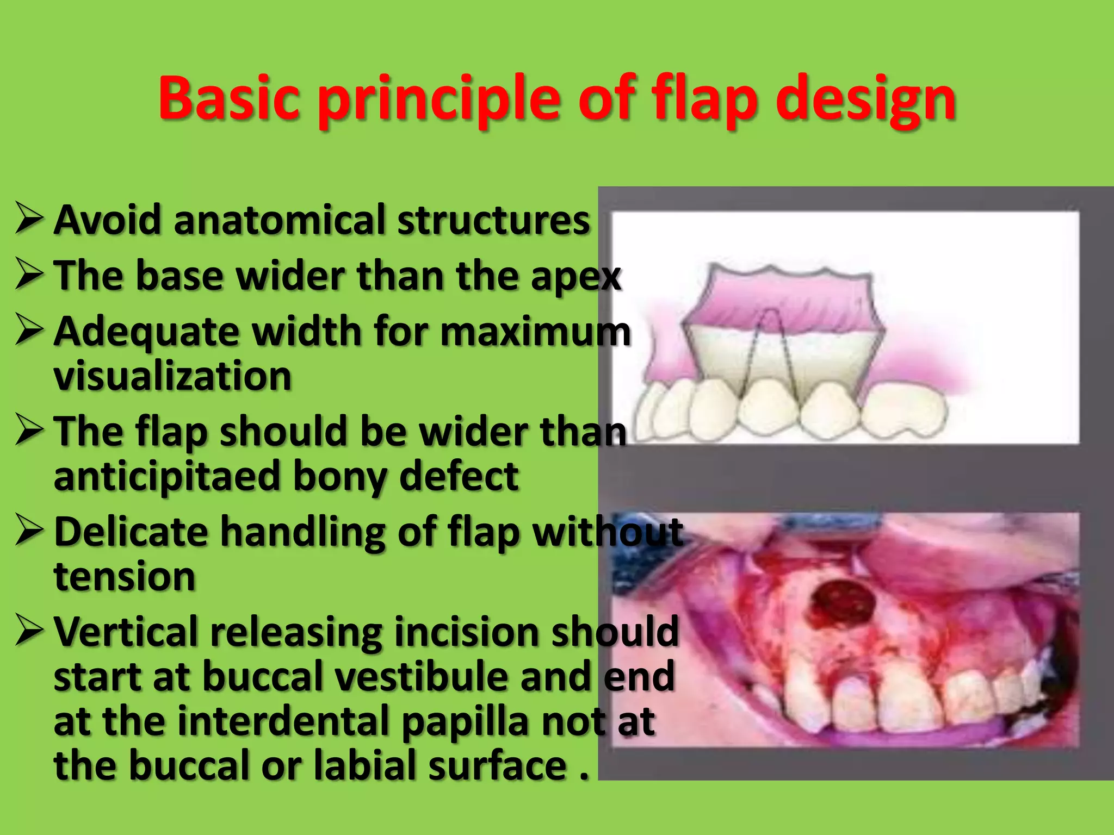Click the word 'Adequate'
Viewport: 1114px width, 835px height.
[147, 332]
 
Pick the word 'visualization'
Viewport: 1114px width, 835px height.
[172, 376]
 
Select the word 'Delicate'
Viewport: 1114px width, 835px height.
[131, 532]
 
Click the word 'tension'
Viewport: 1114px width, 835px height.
[125, 576]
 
